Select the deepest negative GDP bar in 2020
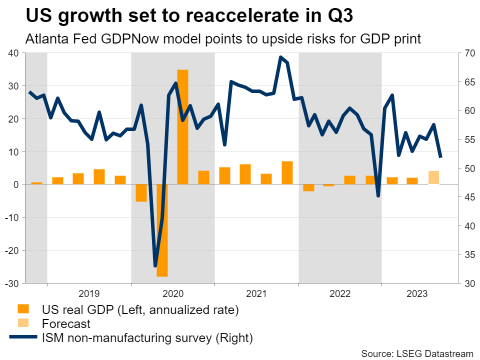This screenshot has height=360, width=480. [162, 230]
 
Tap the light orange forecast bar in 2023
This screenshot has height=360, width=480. [434, 177]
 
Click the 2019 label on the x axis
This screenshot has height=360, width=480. [89, 293]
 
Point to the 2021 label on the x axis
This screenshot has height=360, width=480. [256, 293]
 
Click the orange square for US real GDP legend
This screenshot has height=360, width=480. [23, 309]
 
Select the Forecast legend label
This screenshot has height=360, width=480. [66, 323]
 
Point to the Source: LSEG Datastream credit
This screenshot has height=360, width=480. [417, 353]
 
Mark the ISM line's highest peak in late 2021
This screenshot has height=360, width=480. [280, 57]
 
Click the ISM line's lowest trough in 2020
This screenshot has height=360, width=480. [155, 265]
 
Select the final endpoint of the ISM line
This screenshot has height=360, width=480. [440, 157]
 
